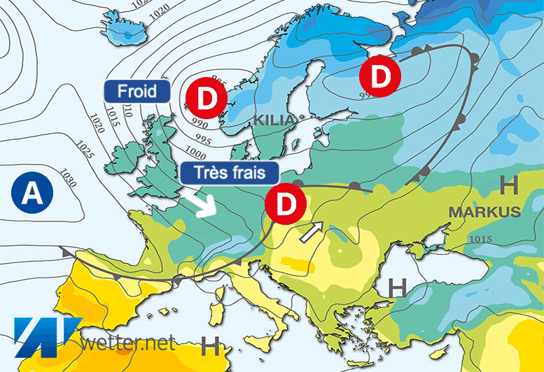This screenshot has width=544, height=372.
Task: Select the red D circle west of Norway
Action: [x=207, y=99]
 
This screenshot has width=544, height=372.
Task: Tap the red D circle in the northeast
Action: [x=379, y=77]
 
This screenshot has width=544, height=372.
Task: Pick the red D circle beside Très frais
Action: [x=285, y=204]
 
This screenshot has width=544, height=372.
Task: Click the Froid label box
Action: [x=137, y=90]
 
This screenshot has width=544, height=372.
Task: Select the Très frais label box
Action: [x=228, y=172]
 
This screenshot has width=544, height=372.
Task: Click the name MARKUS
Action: [x=484, y=211]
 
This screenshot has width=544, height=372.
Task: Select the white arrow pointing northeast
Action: [x=312, y=232]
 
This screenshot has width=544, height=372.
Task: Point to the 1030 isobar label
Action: [x=68, y=177]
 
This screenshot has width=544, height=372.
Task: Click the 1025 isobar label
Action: [x=86, y=151]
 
